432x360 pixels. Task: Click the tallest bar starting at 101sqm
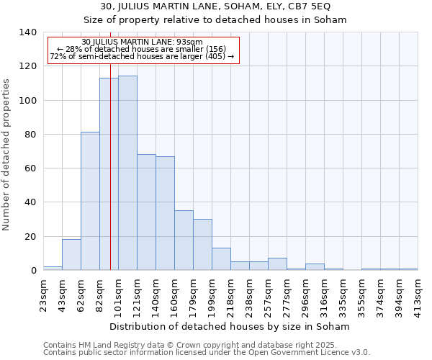click(x=127, y=173)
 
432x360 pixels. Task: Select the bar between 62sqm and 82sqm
click(x=90, y=201)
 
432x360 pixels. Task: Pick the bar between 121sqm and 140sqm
click(x=146, y=212)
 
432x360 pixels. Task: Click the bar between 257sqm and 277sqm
click(x=277, y=264)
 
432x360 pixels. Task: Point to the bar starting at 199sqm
click(x=221, y=259)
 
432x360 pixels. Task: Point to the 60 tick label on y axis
click(x=30, y=168)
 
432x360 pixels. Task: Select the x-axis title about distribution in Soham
click(x=230, y=326)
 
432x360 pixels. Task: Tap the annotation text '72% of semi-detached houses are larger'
click(x=142, y=56)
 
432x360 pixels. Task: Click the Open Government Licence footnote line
click(x=207, y=353)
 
